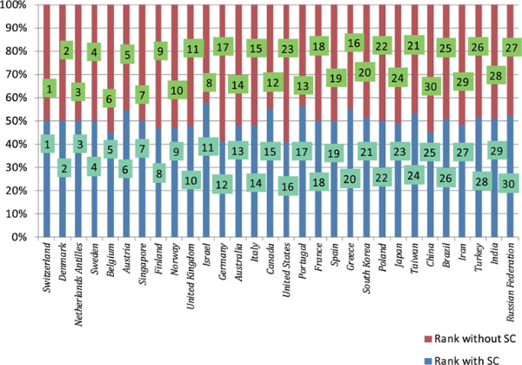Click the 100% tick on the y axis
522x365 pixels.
tap(16, 6)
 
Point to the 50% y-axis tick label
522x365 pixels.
tap(17, 121)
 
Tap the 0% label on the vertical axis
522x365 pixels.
tap(21, 236)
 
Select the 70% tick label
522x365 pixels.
tap(17, 75)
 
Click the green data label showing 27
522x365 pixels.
tap(510, 46)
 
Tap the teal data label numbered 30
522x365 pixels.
tap(510, 184)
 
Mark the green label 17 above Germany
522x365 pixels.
tap(222, 47)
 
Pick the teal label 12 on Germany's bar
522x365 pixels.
tap(222, 184)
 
